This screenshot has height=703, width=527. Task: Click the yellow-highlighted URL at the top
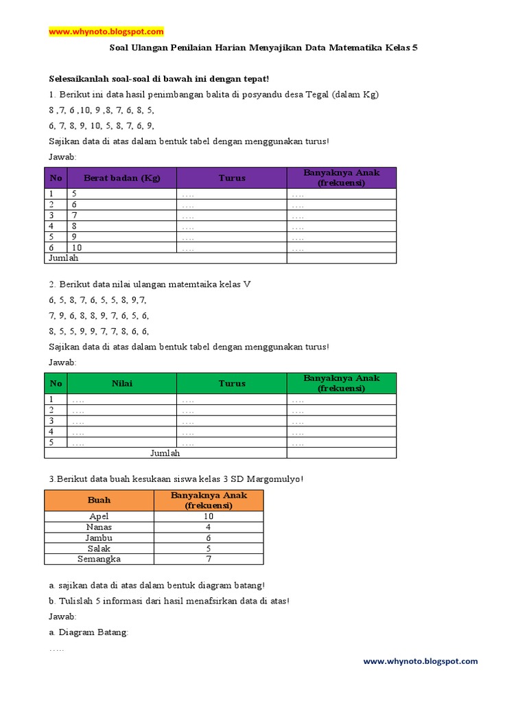coord(106,32)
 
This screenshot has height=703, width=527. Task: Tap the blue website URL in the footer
coord(420,661)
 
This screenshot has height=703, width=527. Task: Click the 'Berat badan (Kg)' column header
coord(121,178)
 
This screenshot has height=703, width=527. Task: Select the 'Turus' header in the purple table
coord(231,178)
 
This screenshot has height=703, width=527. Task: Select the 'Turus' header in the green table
coord(231,384)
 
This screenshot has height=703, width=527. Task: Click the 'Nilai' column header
coord(121,384)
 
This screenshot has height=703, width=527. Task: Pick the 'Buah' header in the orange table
coord(99,500)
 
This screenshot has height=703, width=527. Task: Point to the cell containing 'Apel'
coord(99,516)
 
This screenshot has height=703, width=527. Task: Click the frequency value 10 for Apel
coord(209,516)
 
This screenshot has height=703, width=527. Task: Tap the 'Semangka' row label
coord(99,560)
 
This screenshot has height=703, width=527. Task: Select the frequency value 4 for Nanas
coord(209,527)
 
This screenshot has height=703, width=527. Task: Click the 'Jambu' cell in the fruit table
coord(99,538)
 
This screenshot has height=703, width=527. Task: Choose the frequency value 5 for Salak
coord(209,549)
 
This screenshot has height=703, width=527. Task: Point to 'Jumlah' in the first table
coord(64,258)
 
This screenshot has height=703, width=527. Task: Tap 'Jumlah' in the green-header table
coord(165,453)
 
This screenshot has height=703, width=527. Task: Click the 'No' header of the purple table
coord(56,178)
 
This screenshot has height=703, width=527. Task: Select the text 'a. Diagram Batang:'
coord(89,632)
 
